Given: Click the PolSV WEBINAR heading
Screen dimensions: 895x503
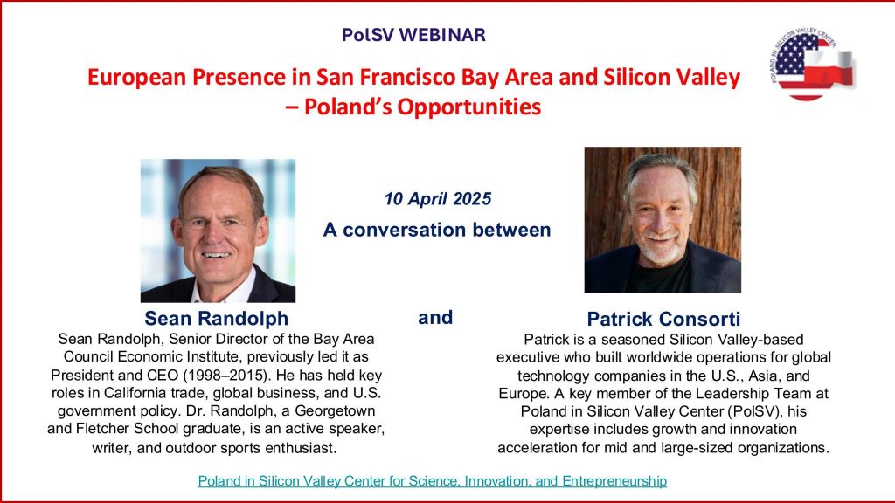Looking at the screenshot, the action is pyautogui.click(x=413, y=35).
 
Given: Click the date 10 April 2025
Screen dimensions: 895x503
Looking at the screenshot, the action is pyautogui.click(x=437, y=199).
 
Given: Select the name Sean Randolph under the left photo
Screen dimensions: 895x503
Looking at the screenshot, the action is pyautogui.click(x=217, y=318).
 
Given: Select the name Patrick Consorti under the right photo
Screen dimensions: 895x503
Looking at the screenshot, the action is pyautogui.click(x=663, y=319).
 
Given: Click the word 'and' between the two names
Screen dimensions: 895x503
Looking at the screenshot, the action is pyautogui.click(x=435, y=317).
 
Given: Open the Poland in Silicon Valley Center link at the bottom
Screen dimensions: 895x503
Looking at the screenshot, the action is pyautogui.click(x=432, y=481).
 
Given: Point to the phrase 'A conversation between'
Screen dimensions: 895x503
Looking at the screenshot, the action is pyautogui.click(x=437, y=230).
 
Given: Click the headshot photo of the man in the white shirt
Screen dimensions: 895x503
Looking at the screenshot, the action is pyautogui.click(x=218, y=231).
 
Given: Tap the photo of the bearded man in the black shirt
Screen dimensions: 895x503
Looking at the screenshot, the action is pyautogui.click(x=663, y=219).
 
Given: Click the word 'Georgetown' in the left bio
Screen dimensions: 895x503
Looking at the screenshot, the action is pyautogui.click(x=335, y=411).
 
